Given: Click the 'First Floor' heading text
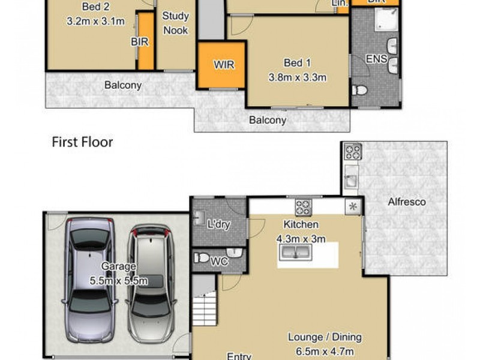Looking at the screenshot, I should [82, 142].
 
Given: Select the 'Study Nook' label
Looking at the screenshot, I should [175, 23].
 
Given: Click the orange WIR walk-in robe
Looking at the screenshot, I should [221, 65].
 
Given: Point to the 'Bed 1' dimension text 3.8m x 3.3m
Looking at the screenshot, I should [297, 77].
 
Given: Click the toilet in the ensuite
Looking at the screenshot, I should [361, 91].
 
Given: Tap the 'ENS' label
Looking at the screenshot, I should [376, 58].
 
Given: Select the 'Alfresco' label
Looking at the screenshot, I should [406, 202].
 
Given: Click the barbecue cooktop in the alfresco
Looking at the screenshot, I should [352, 152].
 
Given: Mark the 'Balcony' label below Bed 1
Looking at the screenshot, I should [268, 120].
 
